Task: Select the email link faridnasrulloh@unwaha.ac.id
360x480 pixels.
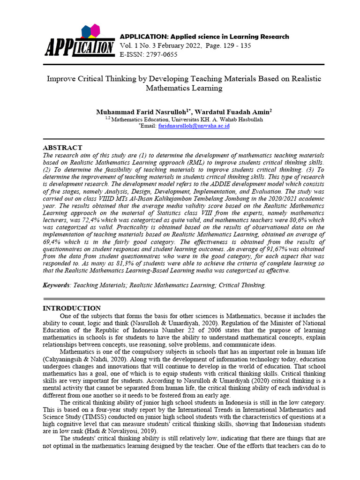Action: [x=194, y=127]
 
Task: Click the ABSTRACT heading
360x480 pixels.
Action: [x=62, y=148]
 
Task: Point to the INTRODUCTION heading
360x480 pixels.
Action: [x=72, y=308]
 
